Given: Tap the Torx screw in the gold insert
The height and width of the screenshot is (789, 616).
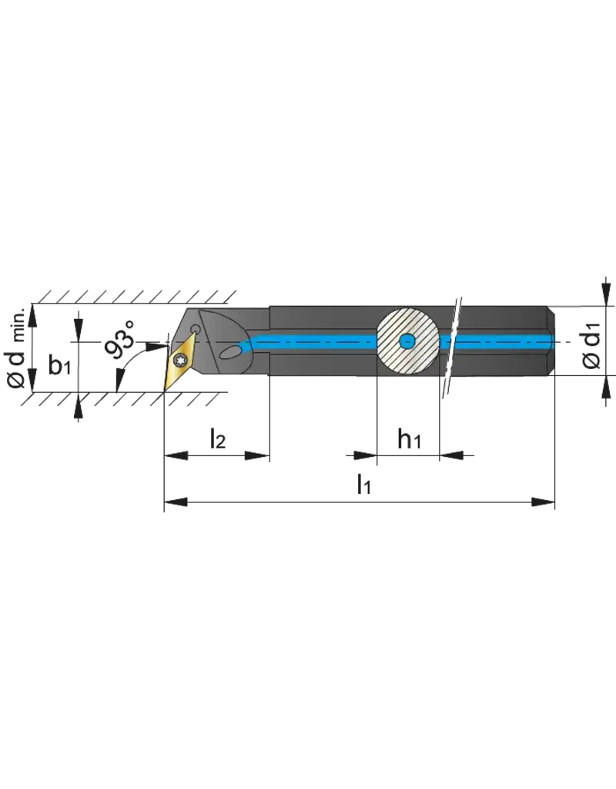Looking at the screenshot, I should click(x=182, y=358).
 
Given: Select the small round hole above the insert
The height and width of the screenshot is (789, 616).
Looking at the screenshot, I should click(x=196, y=330).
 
